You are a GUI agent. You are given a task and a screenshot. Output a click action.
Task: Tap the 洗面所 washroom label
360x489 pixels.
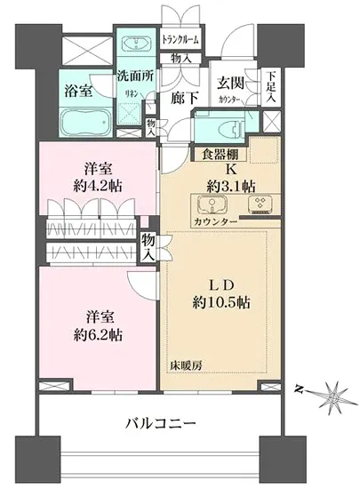pos(136,76)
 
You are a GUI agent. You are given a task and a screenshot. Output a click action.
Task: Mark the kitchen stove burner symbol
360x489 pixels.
pos(260,204)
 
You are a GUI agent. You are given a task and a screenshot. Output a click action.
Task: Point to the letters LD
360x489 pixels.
pos(220,284)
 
